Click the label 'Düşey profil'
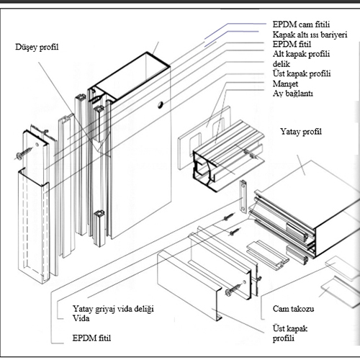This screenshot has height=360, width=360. click(x=37, y=47)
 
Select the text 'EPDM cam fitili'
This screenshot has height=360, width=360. click(x=301, y=24)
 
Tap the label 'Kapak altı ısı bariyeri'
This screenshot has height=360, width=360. click(x=310, y=35)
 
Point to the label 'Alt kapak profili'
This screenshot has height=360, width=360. click(x=301, y=54)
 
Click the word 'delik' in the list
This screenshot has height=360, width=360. click(x=281, y=64)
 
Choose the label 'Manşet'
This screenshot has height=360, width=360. click(x=285, y=84)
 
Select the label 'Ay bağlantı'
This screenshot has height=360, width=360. click(x=292, y=94)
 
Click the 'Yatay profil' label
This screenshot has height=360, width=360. click(x=301, y=132)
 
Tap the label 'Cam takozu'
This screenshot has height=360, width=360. click(x=293, y=309)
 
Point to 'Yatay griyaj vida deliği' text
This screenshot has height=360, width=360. click(x=113, y=309)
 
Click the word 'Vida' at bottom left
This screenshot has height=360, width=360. click(x=81, y=318)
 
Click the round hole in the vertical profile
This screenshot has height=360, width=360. click(x=161, y=104)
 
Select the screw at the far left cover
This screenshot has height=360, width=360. click(x=24, y=153)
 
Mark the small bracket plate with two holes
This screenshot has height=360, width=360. click(x=243, y=197)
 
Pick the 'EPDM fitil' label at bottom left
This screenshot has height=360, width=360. click(x=91, y=338)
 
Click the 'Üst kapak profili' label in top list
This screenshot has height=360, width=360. click(x=302, y=73)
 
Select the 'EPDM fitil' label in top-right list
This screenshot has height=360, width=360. click(x=292, y=44)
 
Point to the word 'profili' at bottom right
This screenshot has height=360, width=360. click(x=283, y=338)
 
